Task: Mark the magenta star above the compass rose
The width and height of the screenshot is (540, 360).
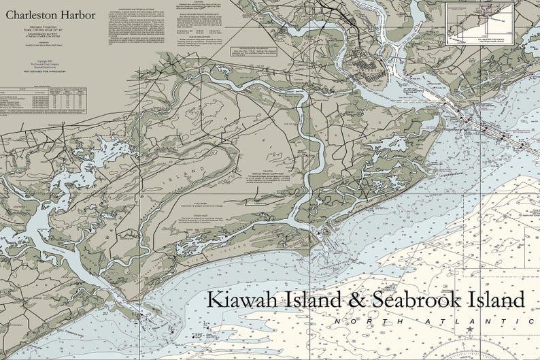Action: (x=469, y=330)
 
